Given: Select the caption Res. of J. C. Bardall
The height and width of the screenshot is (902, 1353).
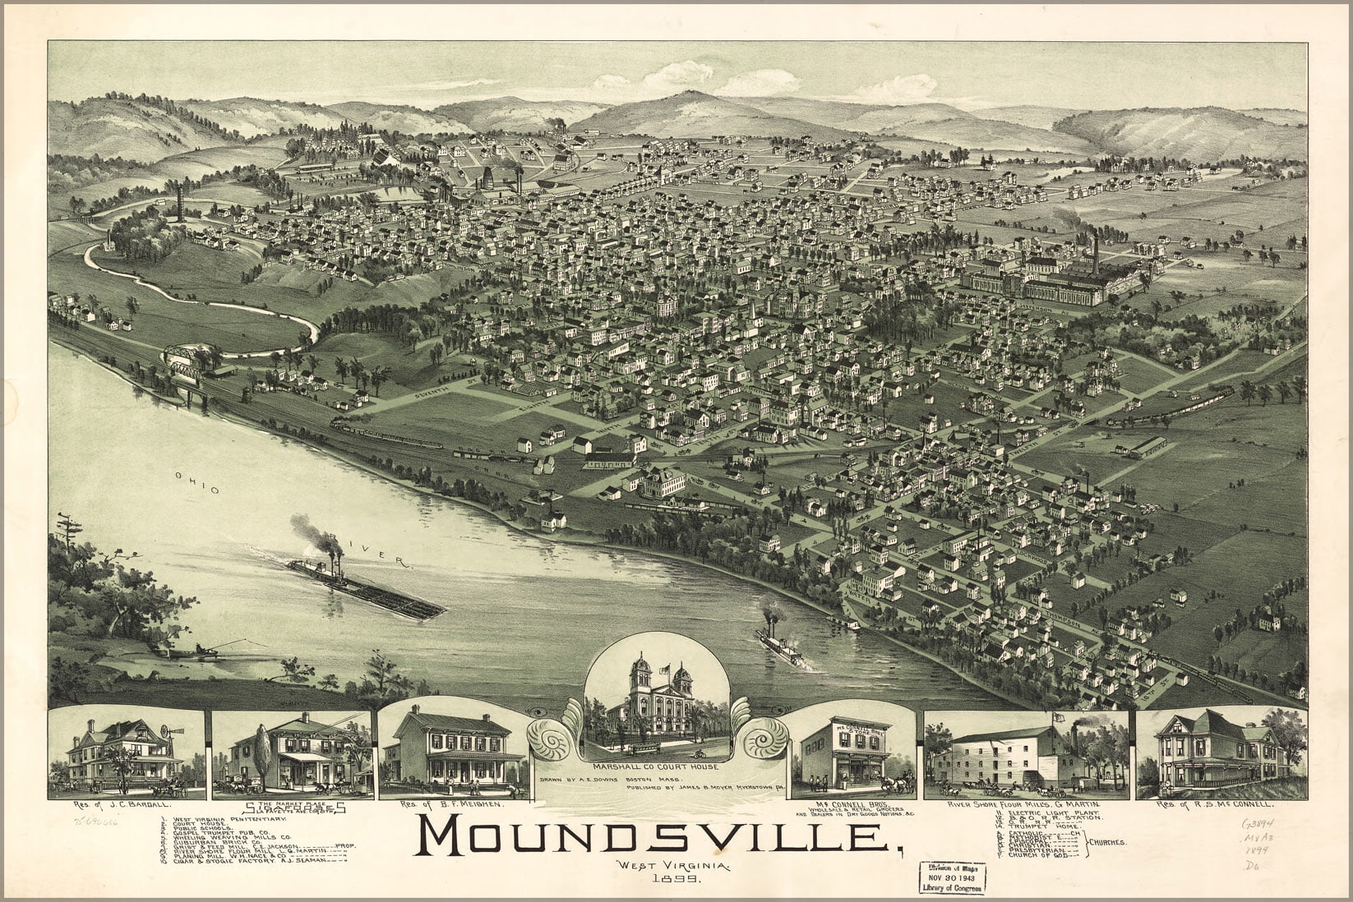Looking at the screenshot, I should tap(126, 807).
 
